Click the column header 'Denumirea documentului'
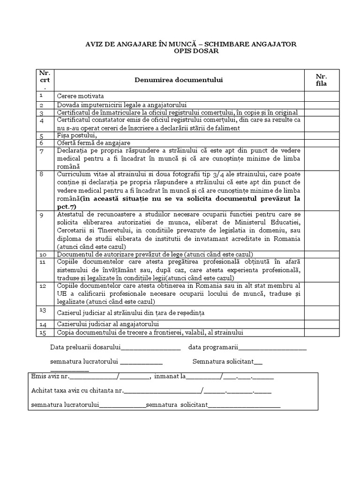click(x=179, y=80)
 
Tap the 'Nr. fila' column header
click(x=321, y=80)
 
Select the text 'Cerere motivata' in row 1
click(x=80, y=96)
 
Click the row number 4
click(x=42, y=120)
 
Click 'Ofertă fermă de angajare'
click(x=94, y=142)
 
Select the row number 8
click(x=42, y=173)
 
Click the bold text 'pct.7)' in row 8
click(x=66, y=206)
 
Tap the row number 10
click(x=42, y=255)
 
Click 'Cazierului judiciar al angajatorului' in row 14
click(x=108, y=324)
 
